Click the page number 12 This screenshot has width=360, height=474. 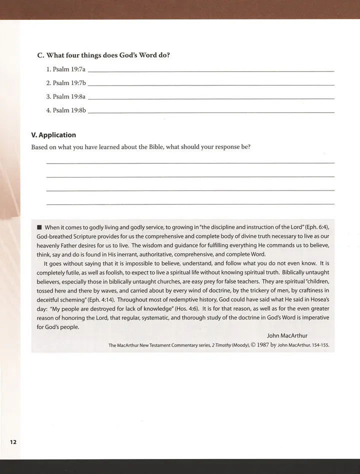click(x=12, y=441)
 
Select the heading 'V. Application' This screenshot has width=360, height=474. click(x=53, y=135)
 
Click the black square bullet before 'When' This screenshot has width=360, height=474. click(x=40, y=228)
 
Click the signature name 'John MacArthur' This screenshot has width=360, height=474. click(x=287, y=336)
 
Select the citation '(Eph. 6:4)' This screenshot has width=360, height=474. click(x=316, y=228)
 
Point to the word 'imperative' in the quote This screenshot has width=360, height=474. click(x=311, y=318)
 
